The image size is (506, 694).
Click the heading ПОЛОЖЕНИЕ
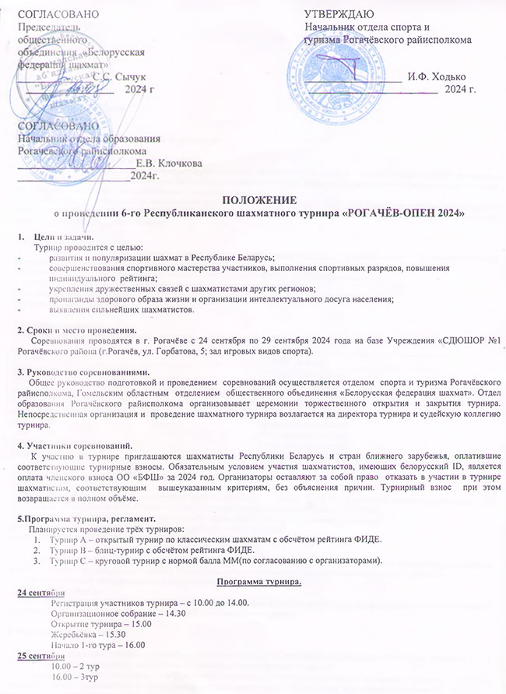click(x=252, y=200)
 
